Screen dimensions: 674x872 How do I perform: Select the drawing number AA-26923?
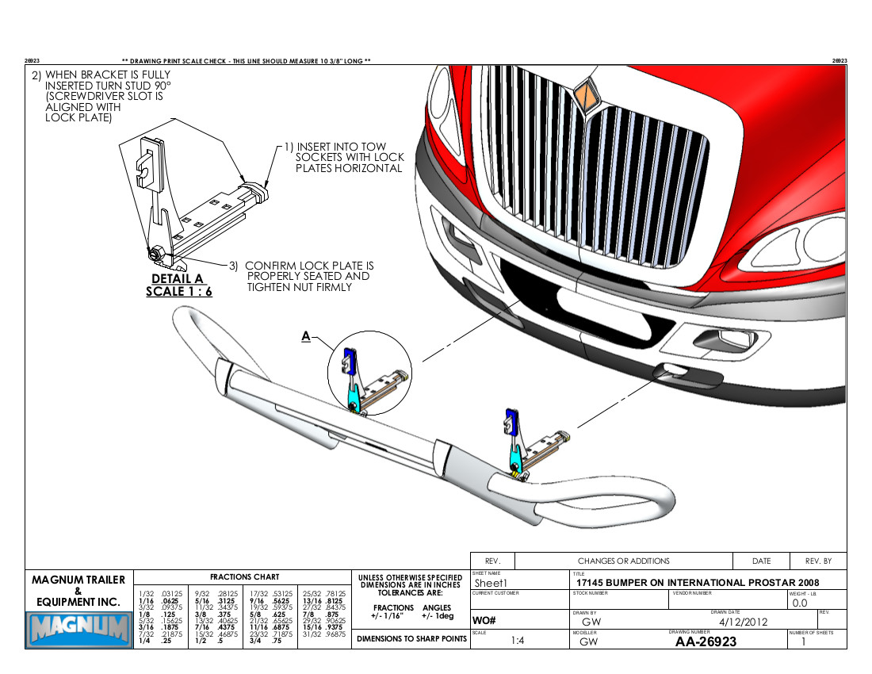click(x=706, y=641)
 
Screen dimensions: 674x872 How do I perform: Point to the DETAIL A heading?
click(x=178, y=278)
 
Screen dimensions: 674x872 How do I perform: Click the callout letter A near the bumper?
click(x=305, y=336)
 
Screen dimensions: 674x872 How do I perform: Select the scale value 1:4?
click(x=518, y=641)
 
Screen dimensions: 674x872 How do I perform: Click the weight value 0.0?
click(x=800, y=603)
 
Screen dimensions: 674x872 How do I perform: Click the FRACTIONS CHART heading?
click(x=244, y=577)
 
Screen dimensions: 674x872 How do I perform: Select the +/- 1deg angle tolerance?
click(x=434, y=615)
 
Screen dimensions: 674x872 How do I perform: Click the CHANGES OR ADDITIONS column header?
click(x=623, y=561)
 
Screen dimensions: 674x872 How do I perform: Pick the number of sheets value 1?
click(x=804, y=641)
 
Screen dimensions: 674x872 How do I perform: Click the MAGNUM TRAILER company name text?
click(x=78, y=580)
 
